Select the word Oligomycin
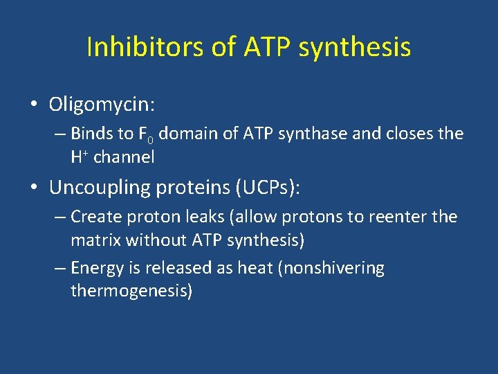pos(102,105)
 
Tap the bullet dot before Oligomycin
pos(33,105)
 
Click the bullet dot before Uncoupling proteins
pos(33,187)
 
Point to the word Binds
pos(93,134)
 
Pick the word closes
pos(405,134)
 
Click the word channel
pos(124,157)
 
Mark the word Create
pos(95,217)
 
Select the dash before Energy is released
pos(59,269)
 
